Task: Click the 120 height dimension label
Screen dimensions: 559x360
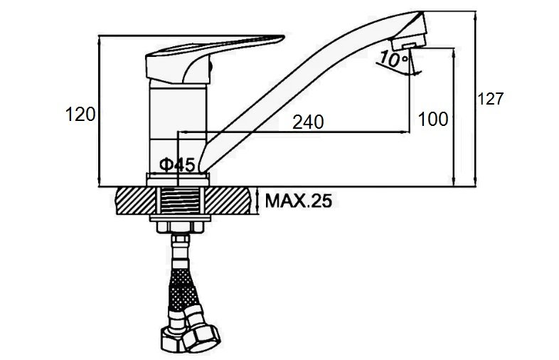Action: [x=80, y=115]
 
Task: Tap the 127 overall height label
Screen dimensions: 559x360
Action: [x=490, y=99]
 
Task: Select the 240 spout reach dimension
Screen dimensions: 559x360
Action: [x=308, y=122]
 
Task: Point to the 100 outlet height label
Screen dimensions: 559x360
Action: [x=433, y=119]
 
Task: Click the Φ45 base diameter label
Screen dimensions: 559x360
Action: [x=177, y=164]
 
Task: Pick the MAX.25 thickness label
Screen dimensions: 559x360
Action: [x=299, y=201]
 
